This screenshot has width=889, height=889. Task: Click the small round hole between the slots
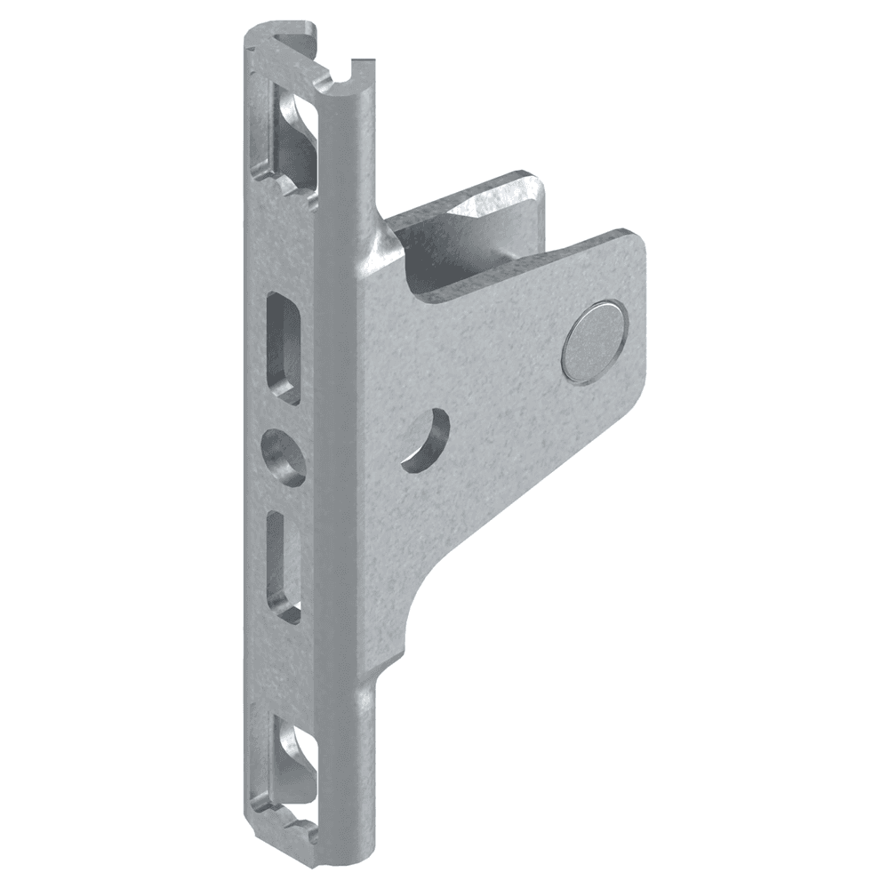pyautogui.click(x=283, y=458)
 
